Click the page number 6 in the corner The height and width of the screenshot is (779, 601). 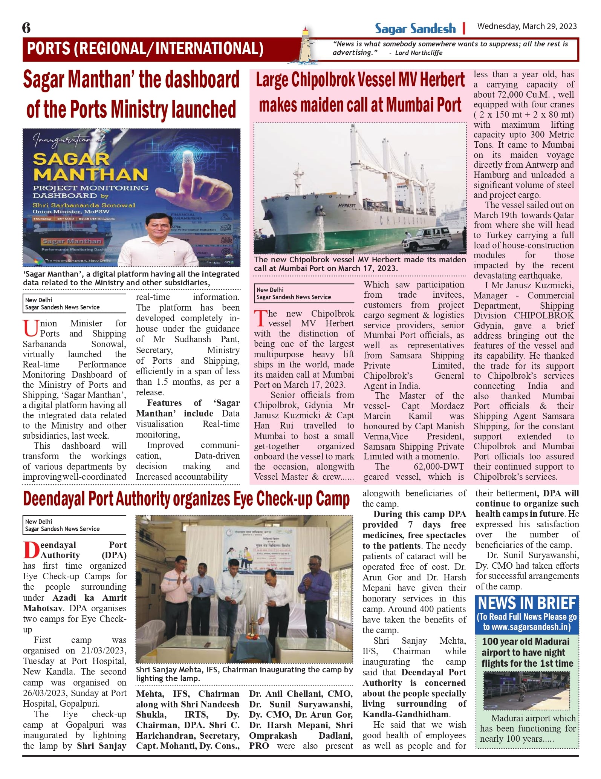coord(26,28)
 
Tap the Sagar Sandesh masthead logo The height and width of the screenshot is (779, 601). coord(415,29)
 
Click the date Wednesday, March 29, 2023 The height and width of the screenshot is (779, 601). coord(527,26)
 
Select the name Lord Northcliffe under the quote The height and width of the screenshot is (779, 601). coord(419,53)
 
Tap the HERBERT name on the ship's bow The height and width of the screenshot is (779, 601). coord(347,206)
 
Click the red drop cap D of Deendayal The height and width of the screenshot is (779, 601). coord(31,550)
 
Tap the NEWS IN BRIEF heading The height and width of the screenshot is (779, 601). coord(527,603)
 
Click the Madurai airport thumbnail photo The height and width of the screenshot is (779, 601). coord(526,691)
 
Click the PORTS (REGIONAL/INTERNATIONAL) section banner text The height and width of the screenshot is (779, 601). coord(145,49)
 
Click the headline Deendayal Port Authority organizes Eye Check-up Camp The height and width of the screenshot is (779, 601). coord(187,499)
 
